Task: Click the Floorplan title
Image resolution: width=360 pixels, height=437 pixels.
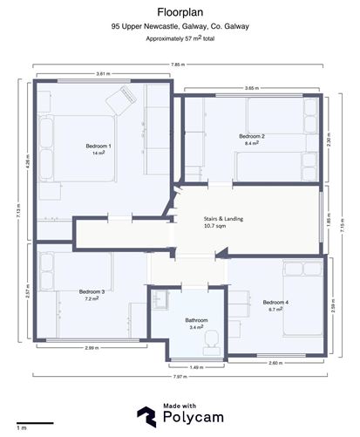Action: tap(180, 12)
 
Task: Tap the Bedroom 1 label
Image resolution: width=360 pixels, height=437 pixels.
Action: tap(98, 146)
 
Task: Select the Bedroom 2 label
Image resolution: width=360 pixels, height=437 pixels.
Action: tap(252, 136)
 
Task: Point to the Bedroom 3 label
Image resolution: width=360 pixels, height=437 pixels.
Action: tap(92, 291)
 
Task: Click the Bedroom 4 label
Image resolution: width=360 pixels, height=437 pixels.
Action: tap(275, 303)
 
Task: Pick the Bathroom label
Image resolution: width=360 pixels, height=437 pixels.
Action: tap(196, 320)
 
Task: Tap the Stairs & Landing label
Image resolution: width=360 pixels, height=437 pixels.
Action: tap(223, 219)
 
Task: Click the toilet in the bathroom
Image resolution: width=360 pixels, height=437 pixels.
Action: tap(212, 342)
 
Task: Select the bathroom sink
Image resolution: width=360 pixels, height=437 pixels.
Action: tap(160, 299)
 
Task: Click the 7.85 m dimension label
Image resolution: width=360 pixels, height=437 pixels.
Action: tap(178, 65)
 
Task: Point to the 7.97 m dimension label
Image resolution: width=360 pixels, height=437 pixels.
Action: tap(180, 377)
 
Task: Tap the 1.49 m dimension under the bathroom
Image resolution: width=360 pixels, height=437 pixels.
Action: tap(196, 367)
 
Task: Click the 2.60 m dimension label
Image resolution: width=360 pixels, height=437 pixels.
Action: tap(275, 363)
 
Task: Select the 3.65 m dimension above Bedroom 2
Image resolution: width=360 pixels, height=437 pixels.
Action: tap(252, 88)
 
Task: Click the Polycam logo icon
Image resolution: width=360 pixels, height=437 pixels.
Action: tap(146, 417)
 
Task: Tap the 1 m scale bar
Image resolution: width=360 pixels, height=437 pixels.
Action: tap(35, 423)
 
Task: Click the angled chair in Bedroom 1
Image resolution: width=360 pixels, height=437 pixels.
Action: tap(121, 100)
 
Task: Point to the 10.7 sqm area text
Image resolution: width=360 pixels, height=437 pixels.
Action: tap(214, 226)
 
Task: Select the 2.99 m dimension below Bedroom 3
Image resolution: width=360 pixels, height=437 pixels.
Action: tap(92, 348)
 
